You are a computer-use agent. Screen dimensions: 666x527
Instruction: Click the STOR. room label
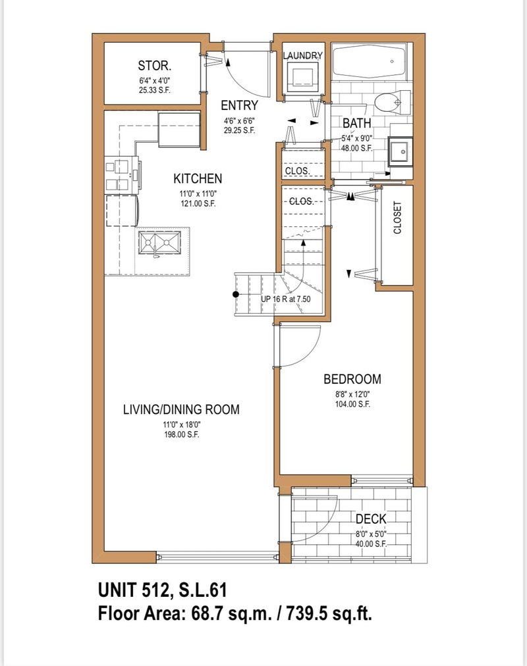tap(155, 65)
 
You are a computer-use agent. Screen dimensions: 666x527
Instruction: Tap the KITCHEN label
tap(197, 178)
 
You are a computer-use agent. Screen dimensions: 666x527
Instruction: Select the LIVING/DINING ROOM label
tap(181, 409)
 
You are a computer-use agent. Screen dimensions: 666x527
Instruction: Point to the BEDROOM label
tap(352, 379)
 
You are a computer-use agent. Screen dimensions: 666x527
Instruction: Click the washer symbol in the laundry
tap(304, 76)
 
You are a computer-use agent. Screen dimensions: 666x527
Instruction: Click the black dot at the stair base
tap(235, 294)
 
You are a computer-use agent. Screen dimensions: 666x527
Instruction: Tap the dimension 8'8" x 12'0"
tap(352, 395)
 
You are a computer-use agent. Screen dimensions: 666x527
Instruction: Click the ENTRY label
tap(239, 106)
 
